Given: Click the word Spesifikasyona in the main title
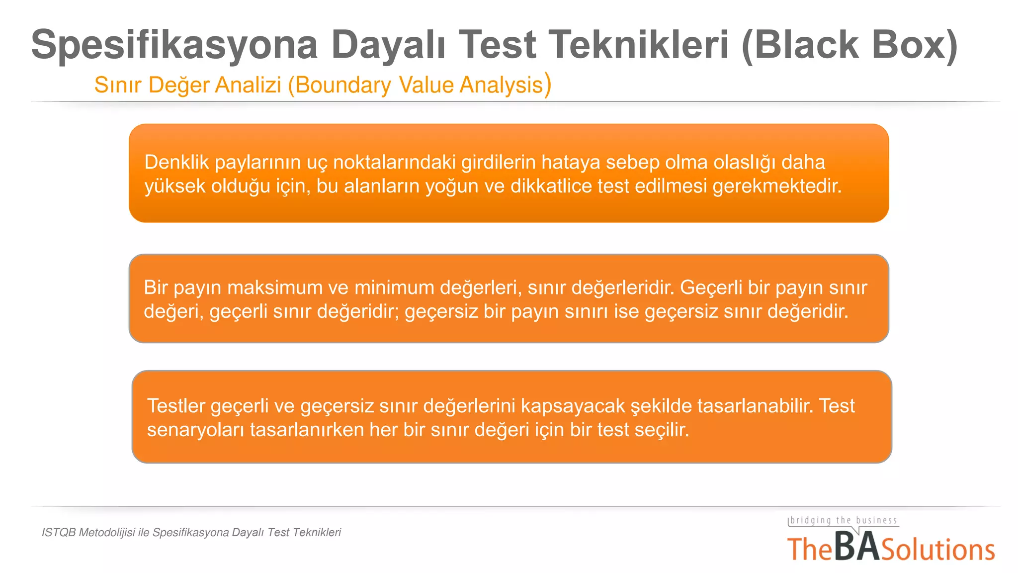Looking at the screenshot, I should click(174, 45).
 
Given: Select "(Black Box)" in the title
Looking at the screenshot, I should click(849, 45).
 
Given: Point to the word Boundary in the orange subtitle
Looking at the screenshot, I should click(343, 85).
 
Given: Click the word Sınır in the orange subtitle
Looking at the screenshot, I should click(118, 85).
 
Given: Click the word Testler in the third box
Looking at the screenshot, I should click(176, 406).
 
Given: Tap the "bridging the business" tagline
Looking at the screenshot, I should click(844, 521).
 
